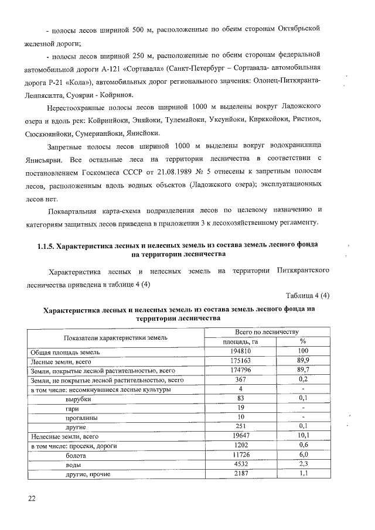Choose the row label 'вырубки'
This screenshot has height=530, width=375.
pos(79,399)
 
